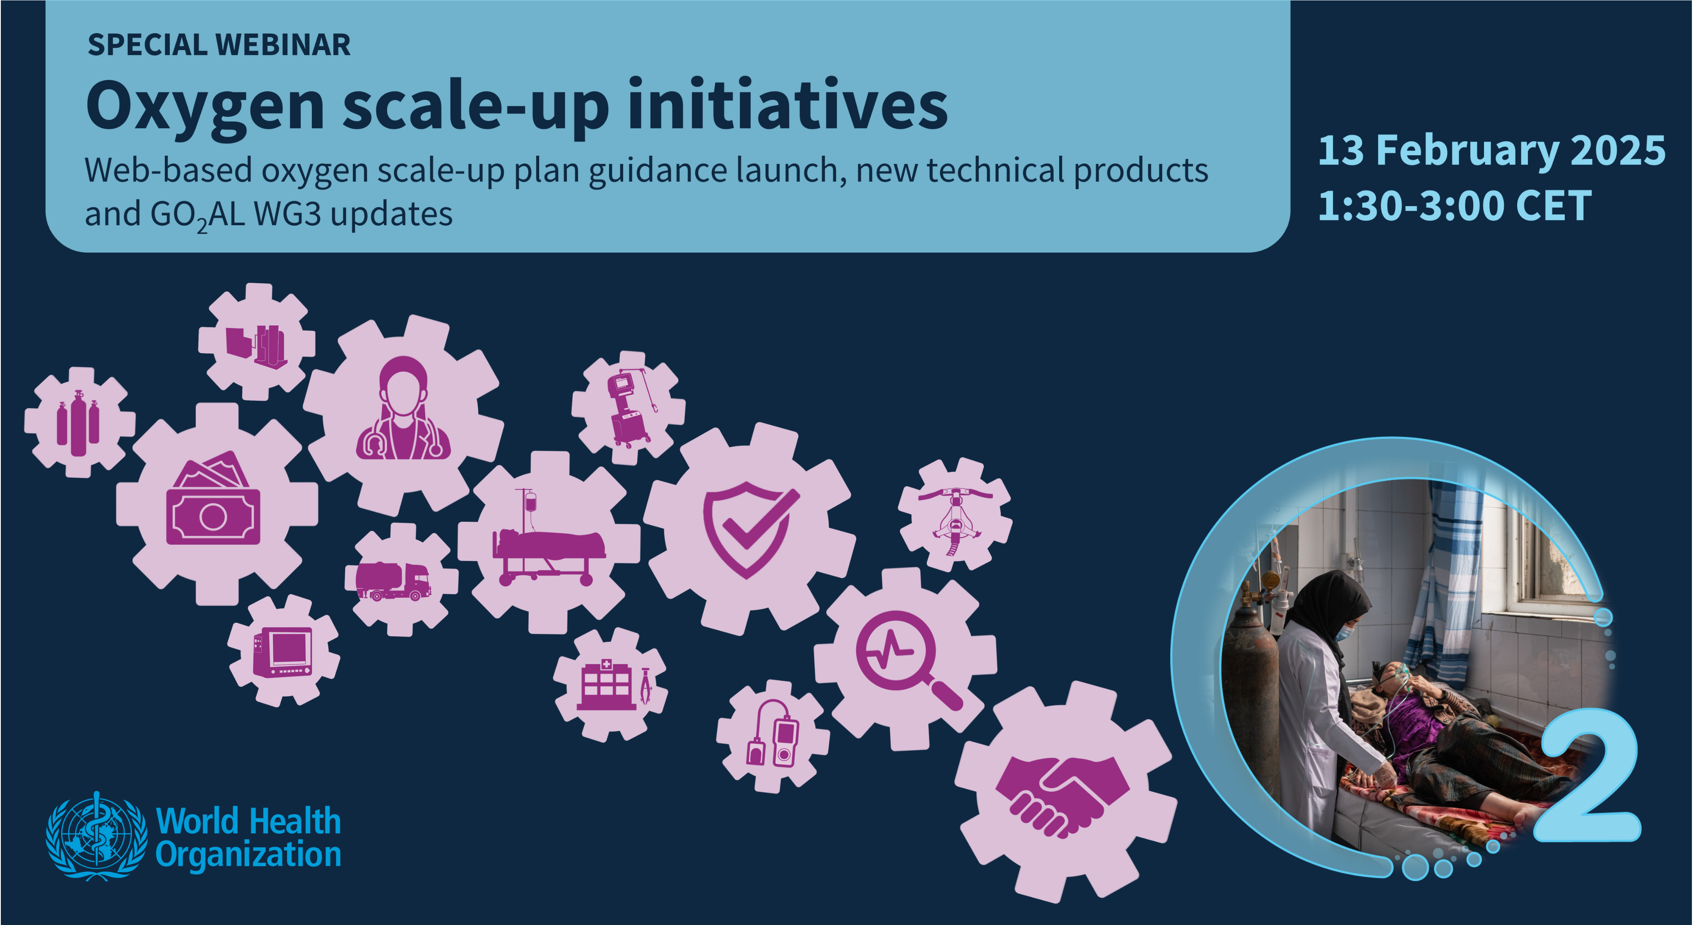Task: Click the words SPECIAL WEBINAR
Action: click(x=219, y=45)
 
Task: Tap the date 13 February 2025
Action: click(x=1491, y=151)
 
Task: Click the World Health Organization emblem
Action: click(x=97, y=836)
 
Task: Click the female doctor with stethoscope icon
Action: click(x=403, y=408)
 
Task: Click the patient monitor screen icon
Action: click(x=282, y=652)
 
